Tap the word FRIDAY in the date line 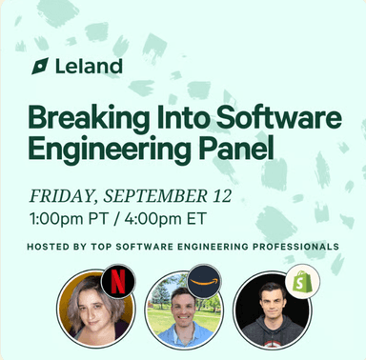pyautogui.click(x=62, y=197)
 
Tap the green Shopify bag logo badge pyautogui.click(x=303, y=281)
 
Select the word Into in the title pyautogui.click(x=177, y=119)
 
